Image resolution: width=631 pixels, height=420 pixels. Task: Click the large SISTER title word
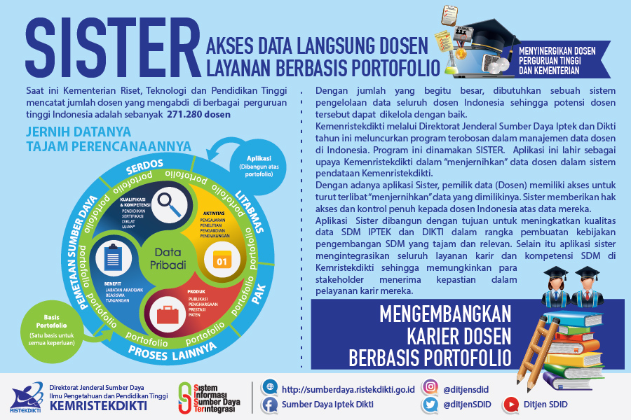pos(112,48)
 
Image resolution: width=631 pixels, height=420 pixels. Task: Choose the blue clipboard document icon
pos(114,258)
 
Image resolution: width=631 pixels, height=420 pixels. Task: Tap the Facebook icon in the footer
pos(269,404)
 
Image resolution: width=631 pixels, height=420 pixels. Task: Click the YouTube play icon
pos(511,404)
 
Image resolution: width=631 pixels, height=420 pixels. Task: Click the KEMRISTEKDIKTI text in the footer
pos(98,405)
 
